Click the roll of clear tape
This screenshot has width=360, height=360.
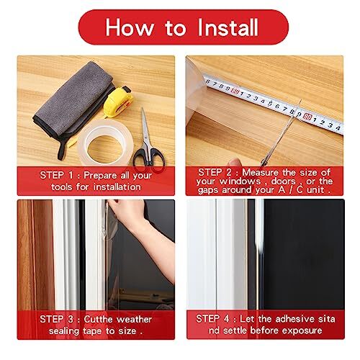pos(98,144)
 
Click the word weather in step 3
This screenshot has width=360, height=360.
pos(133,318)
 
